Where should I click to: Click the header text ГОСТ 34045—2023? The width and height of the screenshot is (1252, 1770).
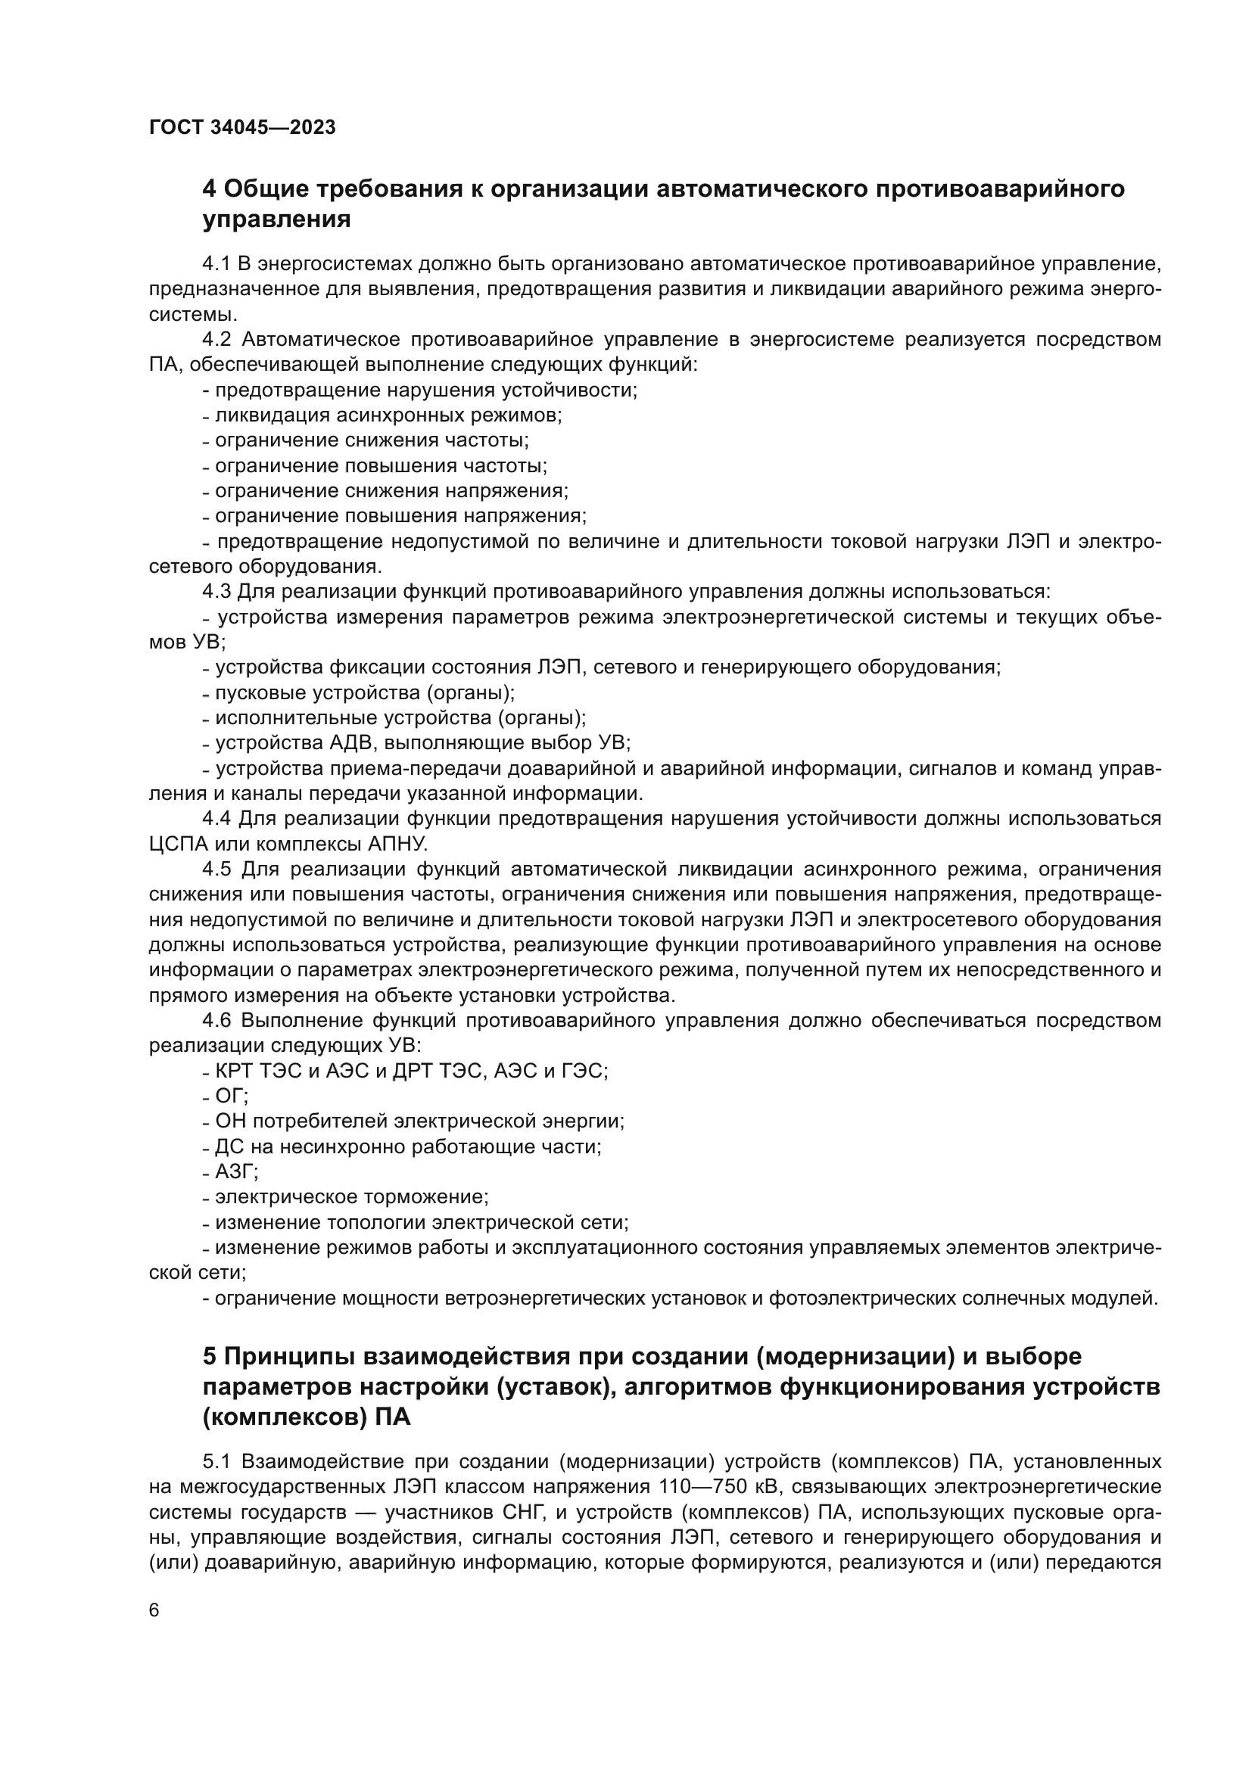coord(242,128)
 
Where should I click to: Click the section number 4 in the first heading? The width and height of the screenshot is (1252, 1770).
coord(209,189)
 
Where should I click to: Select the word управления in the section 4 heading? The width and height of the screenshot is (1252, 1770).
coord(277,219)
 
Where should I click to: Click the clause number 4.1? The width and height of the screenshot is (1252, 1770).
coord(216,264)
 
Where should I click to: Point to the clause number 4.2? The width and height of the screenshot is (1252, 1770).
coord(216,340)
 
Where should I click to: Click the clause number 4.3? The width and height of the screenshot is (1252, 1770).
coord(216,592)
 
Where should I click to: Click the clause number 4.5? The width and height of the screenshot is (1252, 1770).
coord(216,869)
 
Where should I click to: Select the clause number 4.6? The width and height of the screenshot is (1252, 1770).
coord(216,1021)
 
